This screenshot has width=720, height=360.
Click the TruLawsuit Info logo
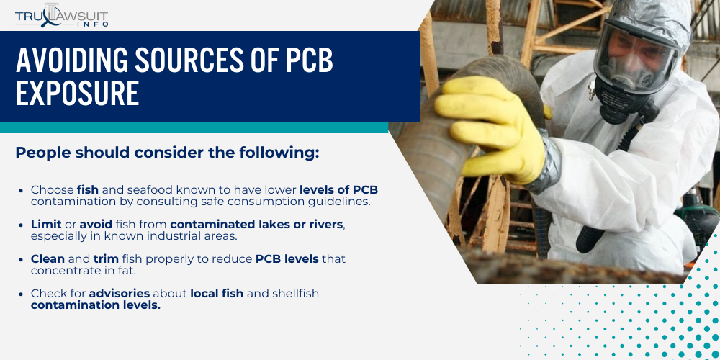click(x=62, y=14)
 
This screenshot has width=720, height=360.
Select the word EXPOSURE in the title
click(x=77, y=94)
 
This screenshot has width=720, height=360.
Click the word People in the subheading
click(x=42, y=153)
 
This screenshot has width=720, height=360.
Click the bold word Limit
click(x=45, y=225)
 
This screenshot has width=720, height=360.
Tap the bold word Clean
click(x=48, y=258)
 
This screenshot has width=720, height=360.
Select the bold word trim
click(x=106, y=258)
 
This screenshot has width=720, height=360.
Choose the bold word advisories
click(x=120, y=293)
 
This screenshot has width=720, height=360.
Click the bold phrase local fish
click(x=218, y=293)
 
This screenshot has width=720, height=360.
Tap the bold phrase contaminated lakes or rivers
click(x=256, y=225)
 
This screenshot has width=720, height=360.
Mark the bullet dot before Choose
click(x=23, y=190)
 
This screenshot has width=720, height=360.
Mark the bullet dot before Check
click(x=23, y=293)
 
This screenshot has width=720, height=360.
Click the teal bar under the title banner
click(x=194, y=127)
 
